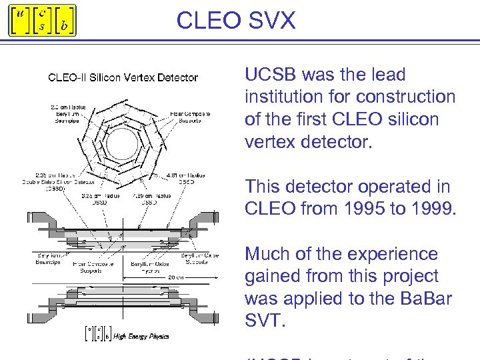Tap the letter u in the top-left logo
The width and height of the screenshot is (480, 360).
(21, 15)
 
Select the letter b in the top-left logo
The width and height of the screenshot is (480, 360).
(63, 27)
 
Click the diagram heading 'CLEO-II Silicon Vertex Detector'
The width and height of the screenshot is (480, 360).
(123, 77)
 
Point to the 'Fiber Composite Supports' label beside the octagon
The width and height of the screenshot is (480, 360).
(190, 117)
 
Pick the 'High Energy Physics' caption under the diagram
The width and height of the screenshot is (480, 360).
(141, 336)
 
